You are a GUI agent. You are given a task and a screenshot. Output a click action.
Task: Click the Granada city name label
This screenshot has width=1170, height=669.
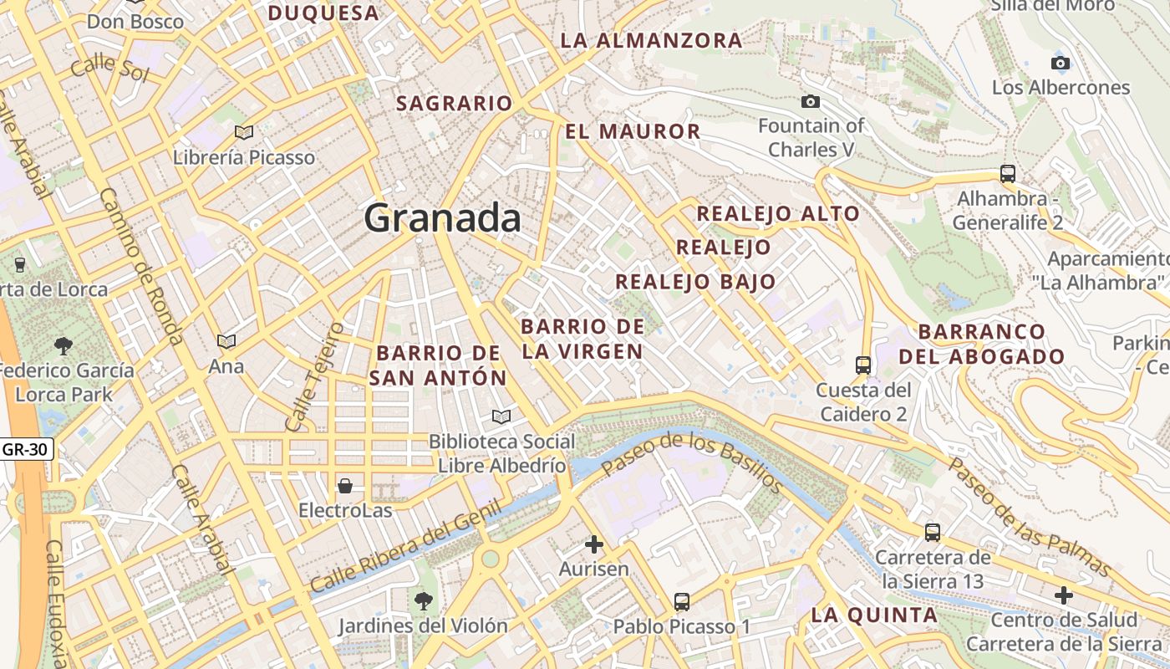click(442, 218)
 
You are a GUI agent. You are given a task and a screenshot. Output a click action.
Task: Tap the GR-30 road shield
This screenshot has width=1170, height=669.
click(25, 449)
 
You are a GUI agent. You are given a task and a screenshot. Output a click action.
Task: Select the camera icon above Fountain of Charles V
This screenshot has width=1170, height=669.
click(810, 102)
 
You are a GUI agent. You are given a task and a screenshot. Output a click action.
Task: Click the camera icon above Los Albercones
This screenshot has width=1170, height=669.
click(1060, 64)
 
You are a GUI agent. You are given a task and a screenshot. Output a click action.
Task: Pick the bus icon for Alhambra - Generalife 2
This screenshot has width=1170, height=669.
click(1007, 174)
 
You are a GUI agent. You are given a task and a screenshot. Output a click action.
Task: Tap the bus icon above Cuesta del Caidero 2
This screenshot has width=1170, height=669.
click(863, 365)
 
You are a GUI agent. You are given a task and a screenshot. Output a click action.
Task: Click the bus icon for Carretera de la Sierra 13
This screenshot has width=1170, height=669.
click(933, 532)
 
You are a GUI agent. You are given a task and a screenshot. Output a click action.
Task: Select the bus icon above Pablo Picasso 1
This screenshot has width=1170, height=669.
click(682, 601)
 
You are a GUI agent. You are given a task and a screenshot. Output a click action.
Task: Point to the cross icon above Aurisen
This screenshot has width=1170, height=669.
click(594, 545)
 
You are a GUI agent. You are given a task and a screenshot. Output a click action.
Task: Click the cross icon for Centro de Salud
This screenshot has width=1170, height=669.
click(1063, 595)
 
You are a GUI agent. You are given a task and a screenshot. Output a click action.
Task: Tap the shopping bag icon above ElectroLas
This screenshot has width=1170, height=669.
click(344, 486)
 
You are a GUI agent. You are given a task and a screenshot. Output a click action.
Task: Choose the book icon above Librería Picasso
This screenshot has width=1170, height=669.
click(244, 132)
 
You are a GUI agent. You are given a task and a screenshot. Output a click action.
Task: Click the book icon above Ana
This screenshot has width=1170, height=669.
click(226, 341)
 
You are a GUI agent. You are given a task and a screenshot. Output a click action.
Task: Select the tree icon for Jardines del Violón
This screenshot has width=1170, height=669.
click(424, 600)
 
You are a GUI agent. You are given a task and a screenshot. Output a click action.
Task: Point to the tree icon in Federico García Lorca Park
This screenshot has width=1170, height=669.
click(63, 345)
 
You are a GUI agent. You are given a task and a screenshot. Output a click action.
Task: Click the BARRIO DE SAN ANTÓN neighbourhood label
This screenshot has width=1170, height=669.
click(438, 365)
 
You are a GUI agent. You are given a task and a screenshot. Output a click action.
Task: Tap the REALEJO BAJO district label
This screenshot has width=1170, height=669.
click(695, 282)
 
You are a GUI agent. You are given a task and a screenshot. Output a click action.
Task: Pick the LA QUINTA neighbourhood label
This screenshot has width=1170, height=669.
click(874, 615)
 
